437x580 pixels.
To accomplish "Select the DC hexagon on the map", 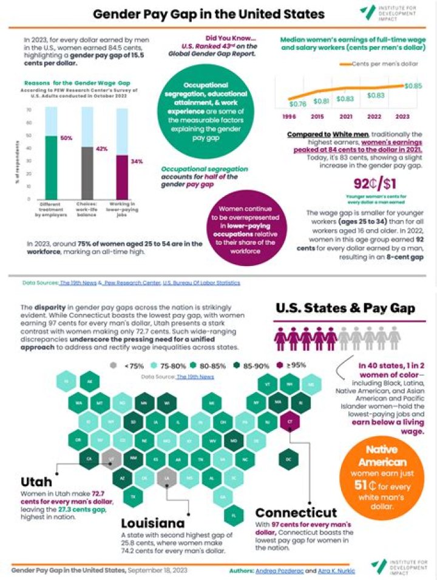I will click(x=288, y=459).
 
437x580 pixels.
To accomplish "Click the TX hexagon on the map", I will click(x=133, y=497).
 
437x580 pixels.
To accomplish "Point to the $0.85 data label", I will click(x=413, y=85).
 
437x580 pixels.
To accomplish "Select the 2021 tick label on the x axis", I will click(x=346, y=115).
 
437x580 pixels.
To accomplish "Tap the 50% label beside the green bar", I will click(x=66, y=138).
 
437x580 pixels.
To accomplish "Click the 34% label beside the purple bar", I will click(x=137, y=161).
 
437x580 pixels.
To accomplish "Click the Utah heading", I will click(x=37, y=482).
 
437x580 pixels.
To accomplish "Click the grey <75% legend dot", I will click(x=113, y=365).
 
